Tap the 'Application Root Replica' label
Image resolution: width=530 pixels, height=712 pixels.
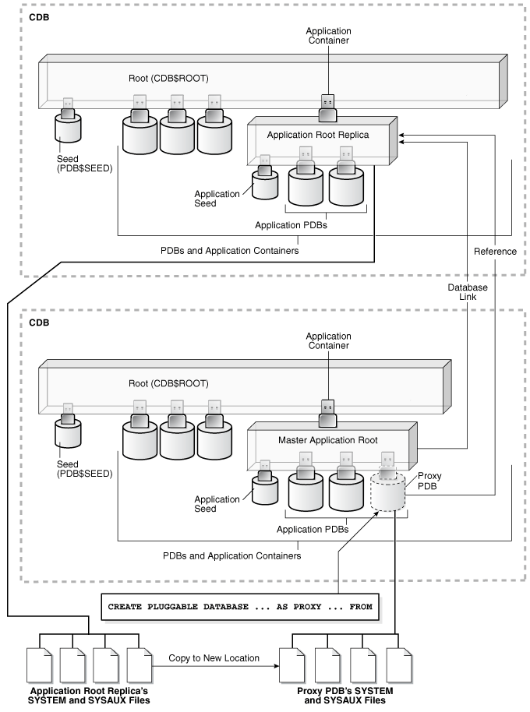click(316, 135)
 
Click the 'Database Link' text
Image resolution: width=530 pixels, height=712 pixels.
click(466, 293)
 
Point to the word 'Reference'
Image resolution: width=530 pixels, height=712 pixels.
click(495, 251)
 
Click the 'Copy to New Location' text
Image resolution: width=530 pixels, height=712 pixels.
click(214, 658)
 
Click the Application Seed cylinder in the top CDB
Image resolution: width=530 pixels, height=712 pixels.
click(265, 184)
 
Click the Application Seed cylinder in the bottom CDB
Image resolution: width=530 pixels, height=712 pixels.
click(265, 489)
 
